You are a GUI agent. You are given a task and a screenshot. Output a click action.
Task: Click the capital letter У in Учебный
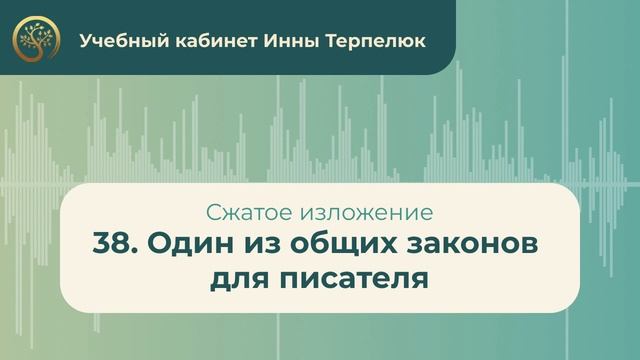click(85, 41)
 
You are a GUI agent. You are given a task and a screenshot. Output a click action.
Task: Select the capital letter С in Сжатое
click(211, 213)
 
